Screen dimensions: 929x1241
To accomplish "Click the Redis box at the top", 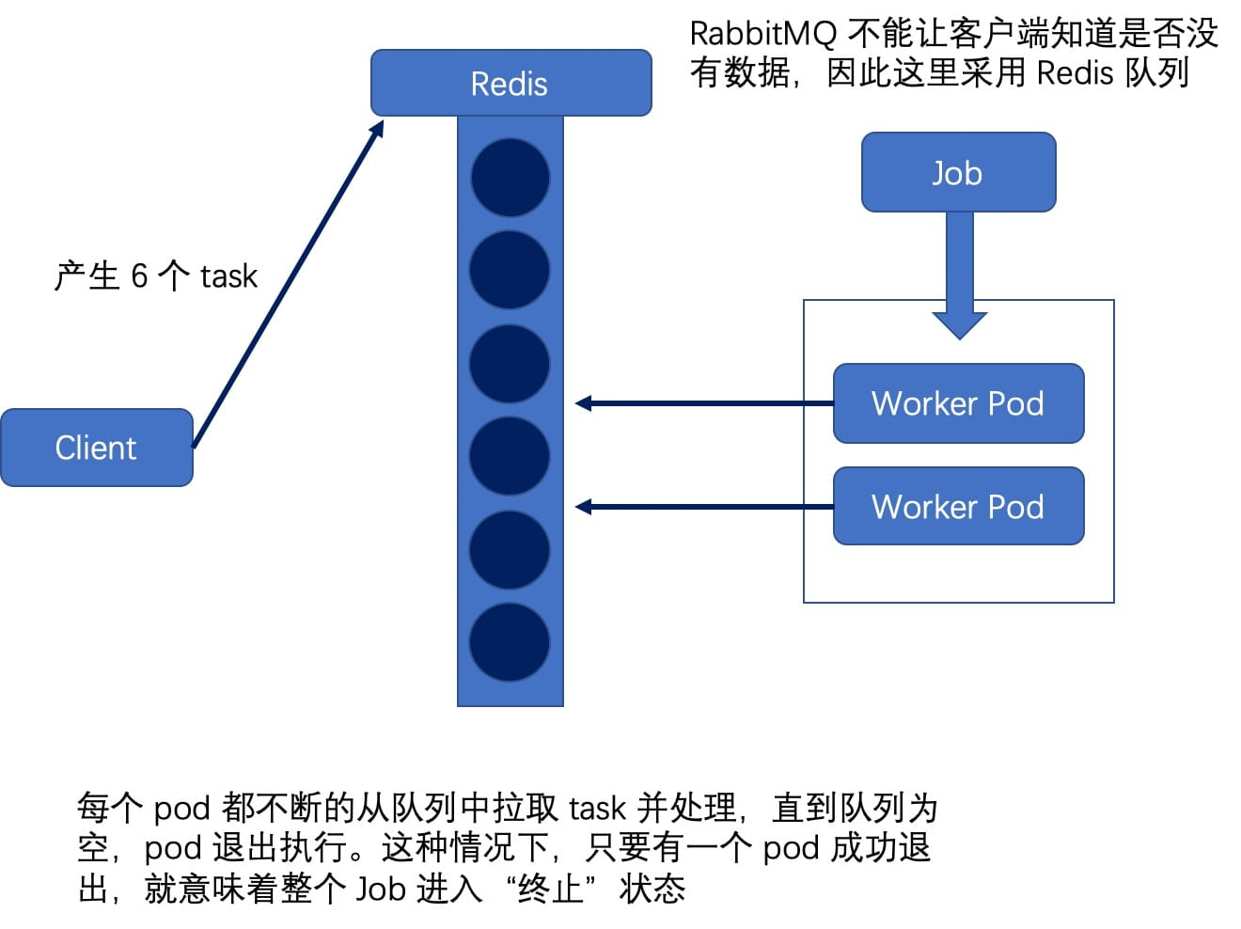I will (x=511, y=83).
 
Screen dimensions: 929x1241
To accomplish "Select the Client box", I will (x=96, y=448).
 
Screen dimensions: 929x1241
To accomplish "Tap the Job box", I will (x=958, y=173).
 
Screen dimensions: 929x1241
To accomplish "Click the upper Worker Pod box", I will (x=958, y=403).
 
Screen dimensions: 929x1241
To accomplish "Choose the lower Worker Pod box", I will (x=958, y=507).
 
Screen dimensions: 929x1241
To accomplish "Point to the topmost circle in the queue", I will (x=510, y=178).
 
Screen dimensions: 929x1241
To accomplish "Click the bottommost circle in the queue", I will (x=510, y=643).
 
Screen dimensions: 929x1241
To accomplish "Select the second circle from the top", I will (x=510, y=270).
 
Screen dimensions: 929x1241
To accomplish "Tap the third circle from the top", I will (x=510, y=364).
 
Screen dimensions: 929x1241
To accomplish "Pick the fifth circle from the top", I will (x=510, y=550).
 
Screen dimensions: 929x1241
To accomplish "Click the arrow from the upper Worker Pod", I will (x=705, y=403).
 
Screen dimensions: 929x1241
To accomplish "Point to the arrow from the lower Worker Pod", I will (x=705, y=507).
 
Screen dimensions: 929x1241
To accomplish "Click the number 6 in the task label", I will (x=139, y=276).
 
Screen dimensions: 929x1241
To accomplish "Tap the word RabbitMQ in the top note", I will (x=762, y=34).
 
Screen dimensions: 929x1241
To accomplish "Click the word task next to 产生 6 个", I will (x=228, y=276).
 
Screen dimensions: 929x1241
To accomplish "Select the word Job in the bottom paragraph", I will (x=380, y=889).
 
